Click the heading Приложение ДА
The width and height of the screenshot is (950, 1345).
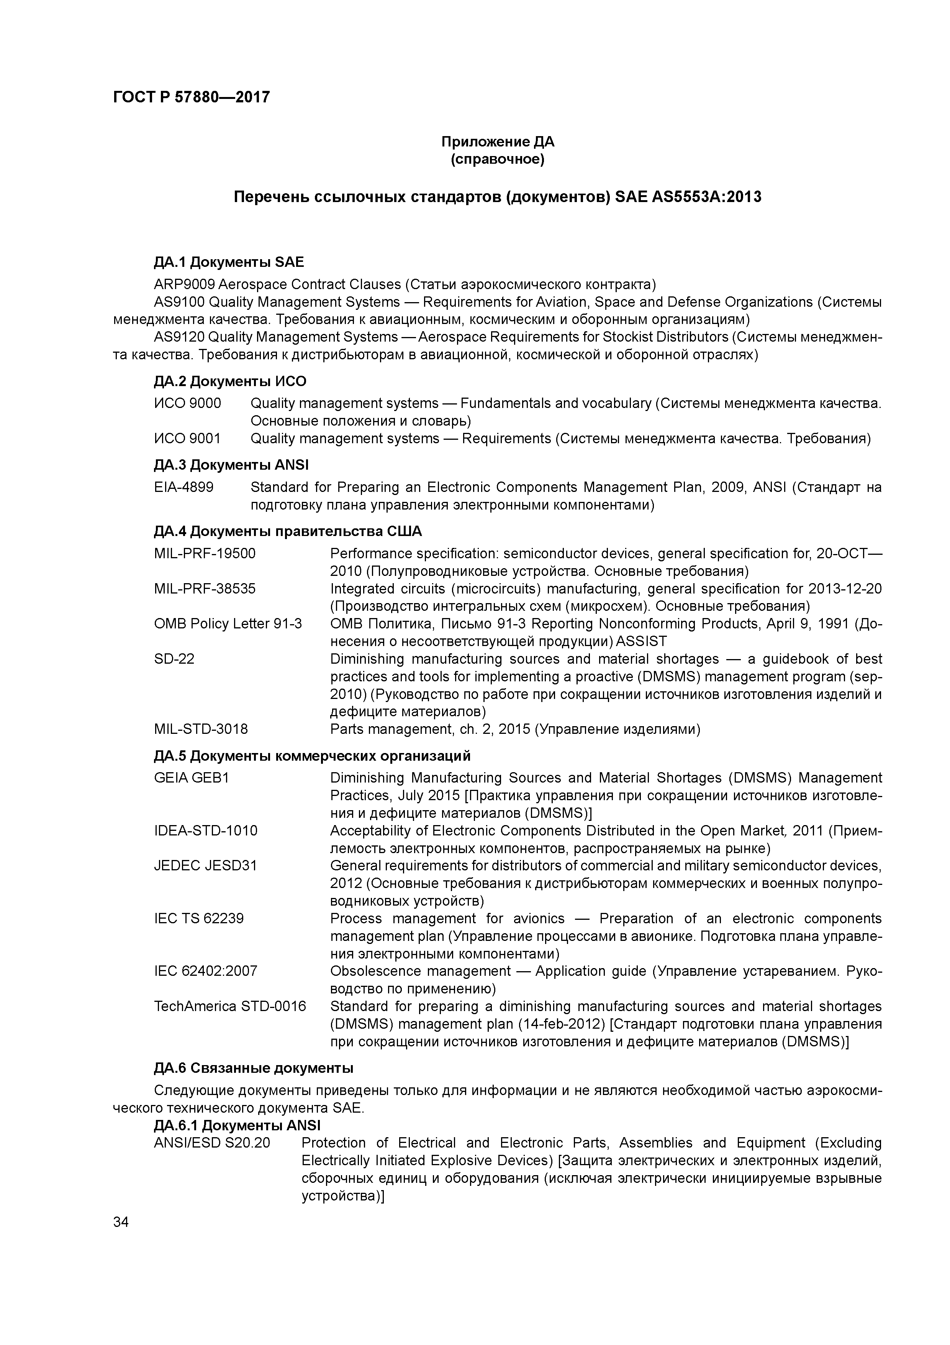[x=498, y=142]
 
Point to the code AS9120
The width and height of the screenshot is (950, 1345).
[x=179, y=337]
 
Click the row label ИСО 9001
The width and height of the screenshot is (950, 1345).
[x=187, y=439]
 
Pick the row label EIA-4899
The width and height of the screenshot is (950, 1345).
[x=184, y=487]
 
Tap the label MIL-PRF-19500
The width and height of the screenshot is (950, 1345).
[x=205, y=554]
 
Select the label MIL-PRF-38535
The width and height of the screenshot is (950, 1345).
[x=205, y=589]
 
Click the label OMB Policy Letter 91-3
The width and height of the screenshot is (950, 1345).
[x=228, y=624]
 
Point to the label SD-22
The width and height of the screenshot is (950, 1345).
[x=174, y=659]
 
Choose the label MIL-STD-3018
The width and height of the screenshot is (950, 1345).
[x=201, y=729]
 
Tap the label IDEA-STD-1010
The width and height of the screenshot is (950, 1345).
[x=205, y=831]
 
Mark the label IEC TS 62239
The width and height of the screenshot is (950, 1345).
[x=198, y=919]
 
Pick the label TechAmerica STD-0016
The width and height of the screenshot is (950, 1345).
[x=229, y=1006]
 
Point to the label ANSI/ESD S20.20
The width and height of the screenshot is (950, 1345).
[x=212, y=1143]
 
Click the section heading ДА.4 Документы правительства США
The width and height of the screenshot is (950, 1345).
[x=287, y=531]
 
